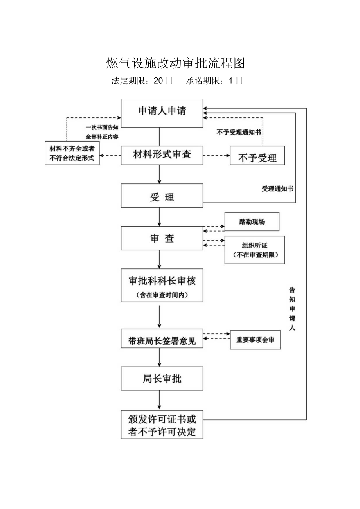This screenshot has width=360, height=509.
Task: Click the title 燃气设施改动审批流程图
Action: tap(176, 63)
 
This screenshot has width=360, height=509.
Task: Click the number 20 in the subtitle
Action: tap(158, 81)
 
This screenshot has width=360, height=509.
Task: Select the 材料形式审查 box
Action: tap(162, 155)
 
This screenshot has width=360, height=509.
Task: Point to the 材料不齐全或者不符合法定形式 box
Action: tap(72, 153)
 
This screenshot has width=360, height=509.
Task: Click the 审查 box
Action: tap(162, 238)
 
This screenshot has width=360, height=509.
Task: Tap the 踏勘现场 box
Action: tap(252, 222)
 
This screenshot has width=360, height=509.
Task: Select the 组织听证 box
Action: tap(254, 250)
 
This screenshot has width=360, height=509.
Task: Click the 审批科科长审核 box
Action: tap(162, 285)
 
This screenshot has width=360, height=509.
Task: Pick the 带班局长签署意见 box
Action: tap(162, 338)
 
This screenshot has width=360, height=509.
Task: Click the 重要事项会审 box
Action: tap(255, 340)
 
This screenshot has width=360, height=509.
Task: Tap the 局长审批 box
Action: tap(162, 378)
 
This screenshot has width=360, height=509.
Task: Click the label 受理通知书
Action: tap(277, 189)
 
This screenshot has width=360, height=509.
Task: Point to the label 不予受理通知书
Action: tap(239, 132)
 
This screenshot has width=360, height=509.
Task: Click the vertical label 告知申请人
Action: tap(292, 309)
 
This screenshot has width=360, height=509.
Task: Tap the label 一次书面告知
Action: tap(102, 127)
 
